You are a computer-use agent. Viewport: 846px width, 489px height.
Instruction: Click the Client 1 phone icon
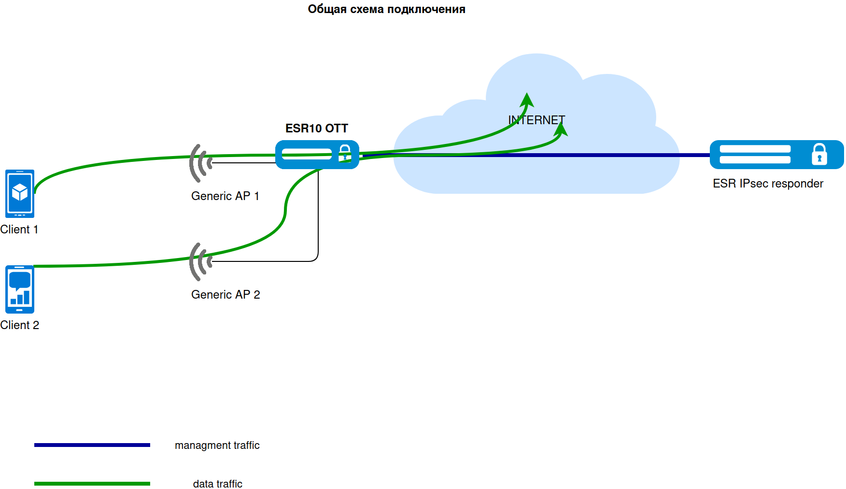20,193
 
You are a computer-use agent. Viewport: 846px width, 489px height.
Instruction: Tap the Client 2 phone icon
20,289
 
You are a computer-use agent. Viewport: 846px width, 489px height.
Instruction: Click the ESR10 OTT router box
309,155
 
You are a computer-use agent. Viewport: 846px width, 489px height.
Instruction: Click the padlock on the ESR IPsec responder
819,155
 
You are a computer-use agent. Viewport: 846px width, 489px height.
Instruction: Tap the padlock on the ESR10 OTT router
345,153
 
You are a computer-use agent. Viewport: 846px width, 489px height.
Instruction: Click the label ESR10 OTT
316,129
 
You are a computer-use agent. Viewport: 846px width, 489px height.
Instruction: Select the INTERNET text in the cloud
536,120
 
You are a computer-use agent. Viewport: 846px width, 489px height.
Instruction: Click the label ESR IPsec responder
768,184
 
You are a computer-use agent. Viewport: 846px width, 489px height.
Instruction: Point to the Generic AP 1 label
225,196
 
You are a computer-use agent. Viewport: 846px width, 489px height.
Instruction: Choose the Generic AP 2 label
226,295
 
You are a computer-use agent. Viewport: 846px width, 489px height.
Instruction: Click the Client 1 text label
19,230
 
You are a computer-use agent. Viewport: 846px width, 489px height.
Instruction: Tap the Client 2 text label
20,325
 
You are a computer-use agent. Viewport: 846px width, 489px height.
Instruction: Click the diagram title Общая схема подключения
386,9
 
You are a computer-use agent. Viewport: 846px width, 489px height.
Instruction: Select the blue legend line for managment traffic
92,445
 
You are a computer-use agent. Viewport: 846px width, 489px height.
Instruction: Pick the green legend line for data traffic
92,484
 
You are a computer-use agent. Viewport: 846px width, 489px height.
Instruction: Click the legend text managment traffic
217,446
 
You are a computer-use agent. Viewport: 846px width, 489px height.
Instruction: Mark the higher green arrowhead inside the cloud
527,100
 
